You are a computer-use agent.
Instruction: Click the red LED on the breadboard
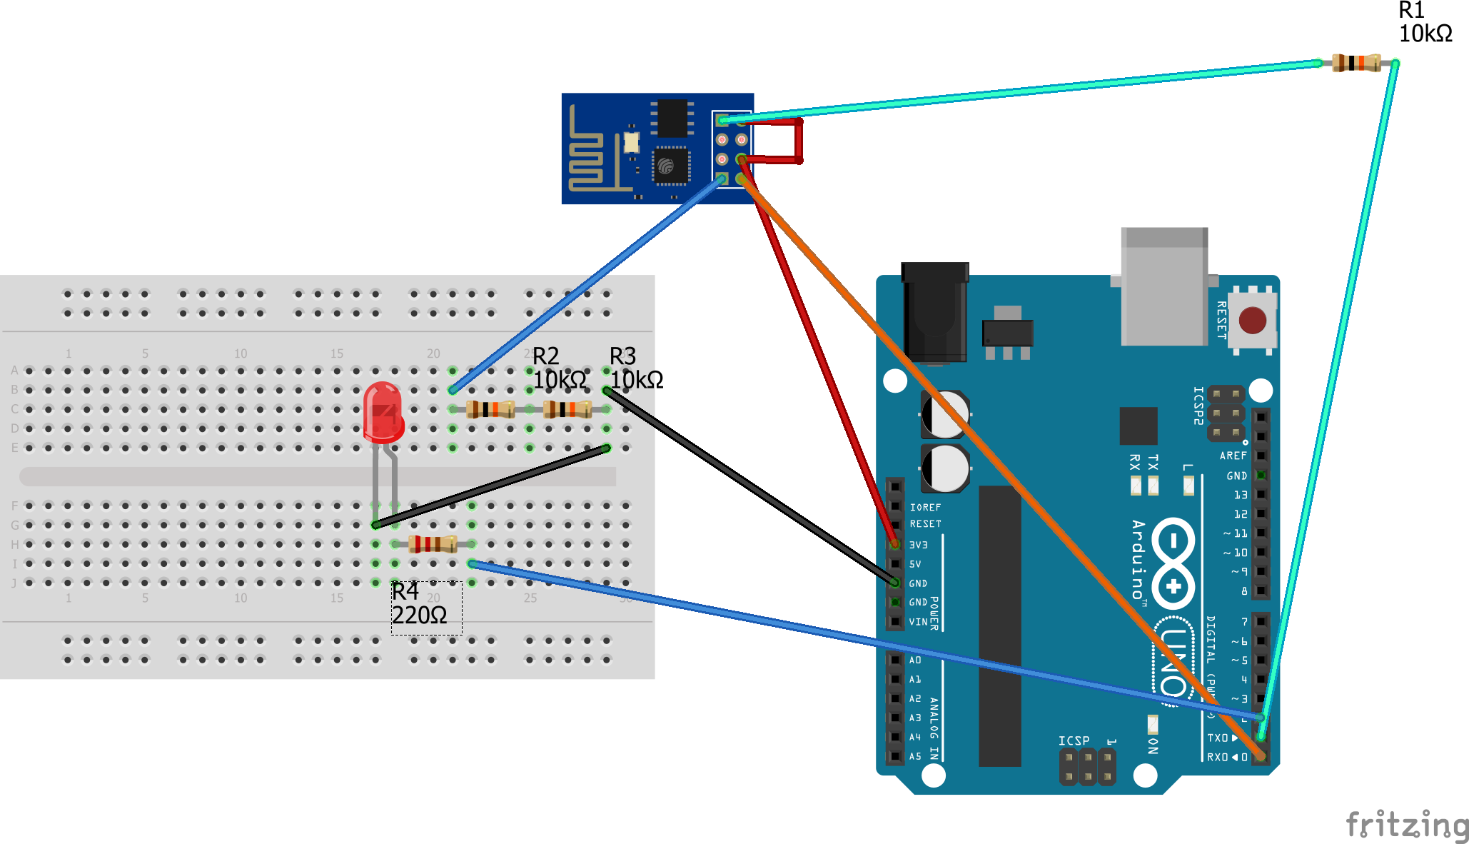(x=383, y=413)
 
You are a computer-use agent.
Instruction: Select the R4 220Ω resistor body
(x=433, y=544)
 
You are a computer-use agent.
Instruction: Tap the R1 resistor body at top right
(x=1356, y=63)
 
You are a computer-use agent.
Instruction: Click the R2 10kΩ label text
(x=560, y=368)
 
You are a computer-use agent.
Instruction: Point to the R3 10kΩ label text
(x=636, y=368)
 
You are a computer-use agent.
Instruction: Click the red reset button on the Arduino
(x=1252, y=320)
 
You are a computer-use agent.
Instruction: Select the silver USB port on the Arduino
(x=1163, y=286)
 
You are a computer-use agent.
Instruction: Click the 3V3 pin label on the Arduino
(x=919, y=545)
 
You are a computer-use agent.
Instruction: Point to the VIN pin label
(x=918, y=622)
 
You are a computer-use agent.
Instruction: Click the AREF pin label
(x=1233, y=456)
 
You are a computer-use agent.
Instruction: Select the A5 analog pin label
(x=915, y=756)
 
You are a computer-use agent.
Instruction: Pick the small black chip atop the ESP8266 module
(x=671, y=118)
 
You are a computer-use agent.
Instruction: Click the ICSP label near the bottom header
(x=1074, y=740)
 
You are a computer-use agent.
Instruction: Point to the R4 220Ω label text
(x=420, y=604)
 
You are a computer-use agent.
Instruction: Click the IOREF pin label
(x=925, y=507)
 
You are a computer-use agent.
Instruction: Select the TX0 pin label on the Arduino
(x=1217, y=738)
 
